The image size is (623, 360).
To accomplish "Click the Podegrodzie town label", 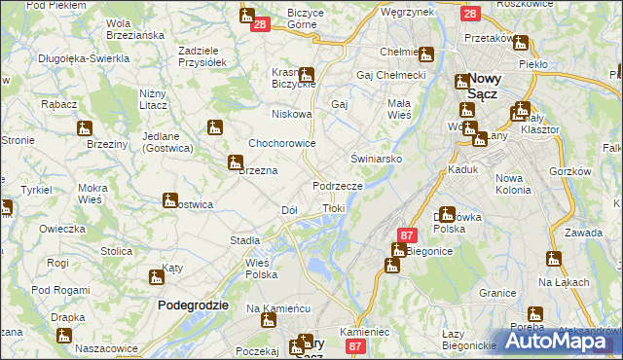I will (193, 305).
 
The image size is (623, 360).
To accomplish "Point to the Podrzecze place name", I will (338, 186).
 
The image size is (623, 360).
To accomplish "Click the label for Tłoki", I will (333, 208).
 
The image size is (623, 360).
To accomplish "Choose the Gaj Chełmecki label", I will (392, 75).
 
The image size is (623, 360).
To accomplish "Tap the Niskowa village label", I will (292, 114).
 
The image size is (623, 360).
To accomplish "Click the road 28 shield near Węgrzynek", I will (470, 14).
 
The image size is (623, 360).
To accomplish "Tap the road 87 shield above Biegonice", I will (408, 234).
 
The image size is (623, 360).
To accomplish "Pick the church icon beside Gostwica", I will (170, 201).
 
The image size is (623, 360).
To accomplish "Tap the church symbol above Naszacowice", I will (64, 336).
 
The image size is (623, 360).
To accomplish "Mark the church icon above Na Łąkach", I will (554, 259).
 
